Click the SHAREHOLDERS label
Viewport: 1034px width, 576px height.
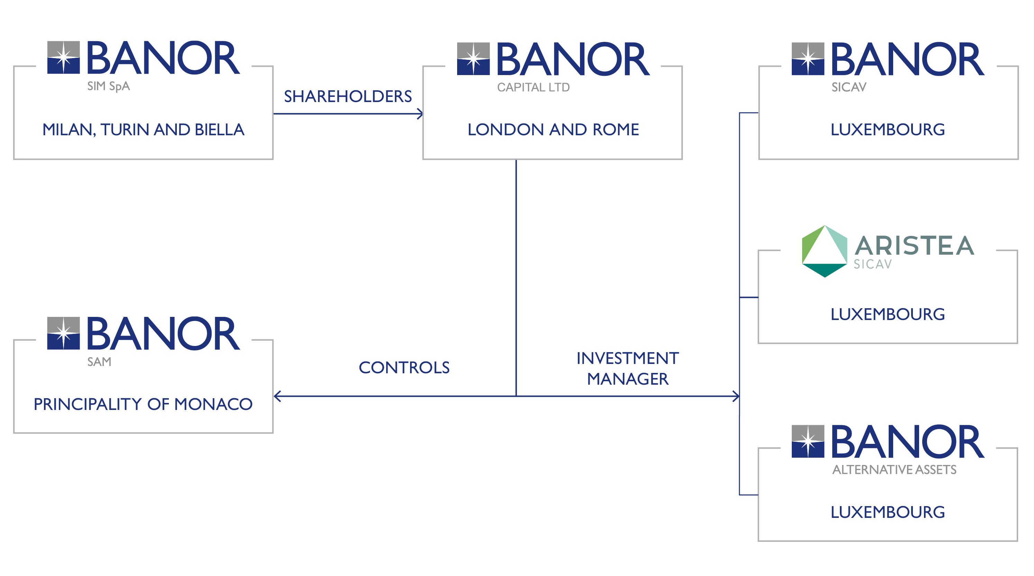click(348, 96)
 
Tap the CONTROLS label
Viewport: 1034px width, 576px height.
click(404, 367)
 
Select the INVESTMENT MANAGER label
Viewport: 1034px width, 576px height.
click(628, 368)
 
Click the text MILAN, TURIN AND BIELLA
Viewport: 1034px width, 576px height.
click(143, 130)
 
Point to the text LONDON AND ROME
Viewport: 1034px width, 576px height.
click(553, 130)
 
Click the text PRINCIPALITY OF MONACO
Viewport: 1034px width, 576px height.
click(143, 404)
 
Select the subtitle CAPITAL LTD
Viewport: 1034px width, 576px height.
click(533, 88)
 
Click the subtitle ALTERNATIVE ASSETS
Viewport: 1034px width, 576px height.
click(894, 470)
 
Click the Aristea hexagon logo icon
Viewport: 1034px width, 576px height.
click(825, 251)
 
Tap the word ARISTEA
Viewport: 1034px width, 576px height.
click(914, 246)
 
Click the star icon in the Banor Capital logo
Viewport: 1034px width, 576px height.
click(473, 58)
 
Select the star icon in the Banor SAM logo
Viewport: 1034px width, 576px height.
click(63, 333)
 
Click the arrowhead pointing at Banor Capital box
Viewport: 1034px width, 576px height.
click(420, 113)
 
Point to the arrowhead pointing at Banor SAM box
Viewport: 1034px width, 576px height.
click(277, 396)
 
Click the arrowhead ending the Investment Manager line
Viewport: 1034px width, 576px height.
click(736, 396)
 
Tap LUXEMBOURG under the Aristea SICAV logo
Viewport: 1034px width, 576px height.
click(888, 314)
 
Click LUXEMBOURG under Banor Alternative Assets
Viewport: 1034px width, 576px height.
click(888, 512)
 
